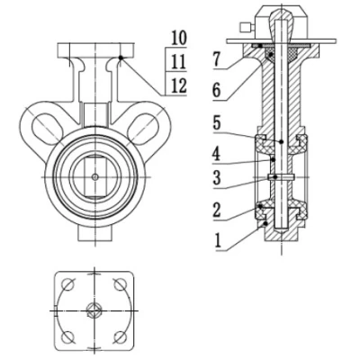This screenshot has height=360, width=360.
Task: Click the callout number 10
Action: pyautogui.click(x=179, y=39)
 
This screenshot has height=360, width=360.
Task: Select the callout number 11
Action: pyautogui.click(x=179, y=62)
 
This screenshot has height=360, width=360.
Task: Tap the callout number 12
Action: pyautogui.click(x=179, y=86)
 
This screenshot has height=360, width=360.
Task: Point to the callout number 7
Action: pyautogui.click(x=218, y=59)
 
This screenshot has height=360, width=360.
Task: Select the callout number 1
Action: pyautogui.click(x=219, y=240)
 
